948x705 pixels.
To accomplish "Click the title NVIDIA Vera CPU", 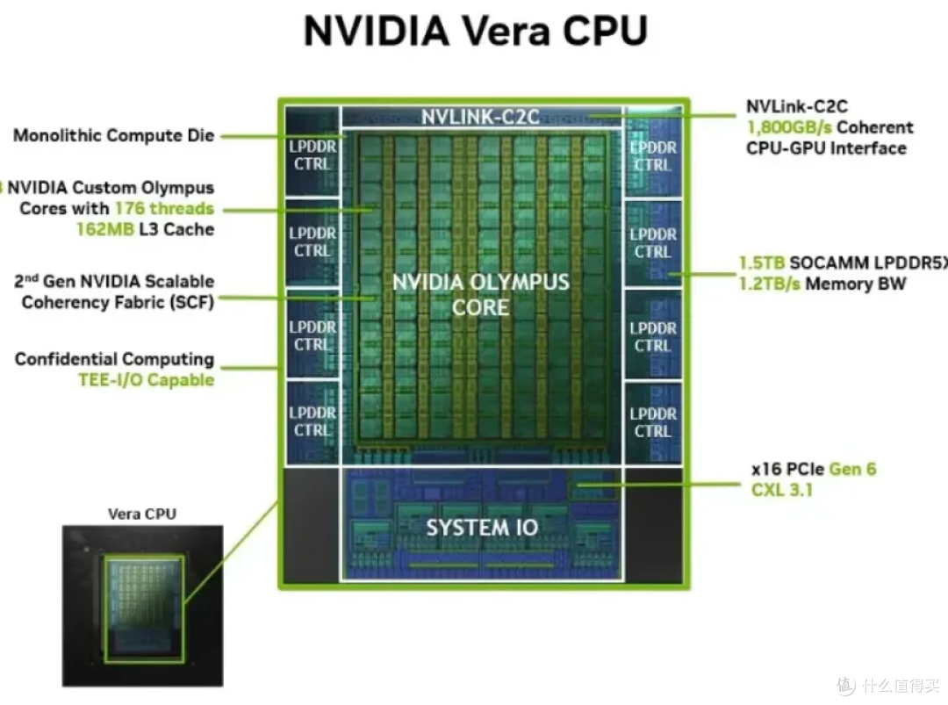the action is [x=475, y=30].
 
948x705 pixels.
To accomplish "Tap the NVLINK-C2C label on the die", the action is [x=480, y=117].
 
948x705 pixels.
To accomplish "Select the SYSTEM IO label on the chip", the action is [x=482, y=528].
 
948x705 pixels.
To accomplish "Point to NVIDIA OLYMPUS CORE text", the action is [x=481, y=294].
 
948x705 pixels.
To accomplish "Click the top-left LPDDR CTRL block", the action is [x=312, y=152].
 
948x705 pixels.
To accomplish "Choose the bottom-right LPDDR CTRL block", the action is [x=653, y=422].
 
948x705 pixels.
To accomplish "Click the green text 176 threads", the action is [x=164, y=209].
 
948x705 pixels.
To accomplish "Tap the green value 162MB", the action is [x=105, y=230].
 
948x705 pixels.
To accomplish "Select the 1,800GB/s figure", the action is [x=790, y=128].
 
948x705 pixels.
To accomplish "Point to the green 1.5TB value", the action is [x=762, y=263].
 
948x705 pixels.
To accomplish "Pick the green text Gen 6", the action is [x=852, y=469].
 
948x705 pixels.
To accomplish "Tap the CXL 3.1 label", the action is [x=782, y=490].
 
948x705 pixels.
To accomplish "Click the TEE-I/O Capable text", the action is [x=147, y=380].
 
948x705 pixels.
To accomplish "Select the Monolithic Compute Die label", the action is [x=113, y=135].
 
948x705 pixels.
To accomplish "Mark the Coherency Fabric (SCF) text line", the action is [x=118, y=302].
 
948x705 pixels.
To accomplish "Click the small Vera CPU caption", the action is [x=142, y=514].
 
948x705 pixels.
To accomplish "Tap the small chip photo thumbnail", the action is [x=143, y=606].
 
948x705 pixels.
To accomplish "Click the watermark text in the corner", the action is [x=889, y=686].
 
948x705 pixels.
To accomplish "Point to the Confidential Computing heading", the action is [x=114, y=360].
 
